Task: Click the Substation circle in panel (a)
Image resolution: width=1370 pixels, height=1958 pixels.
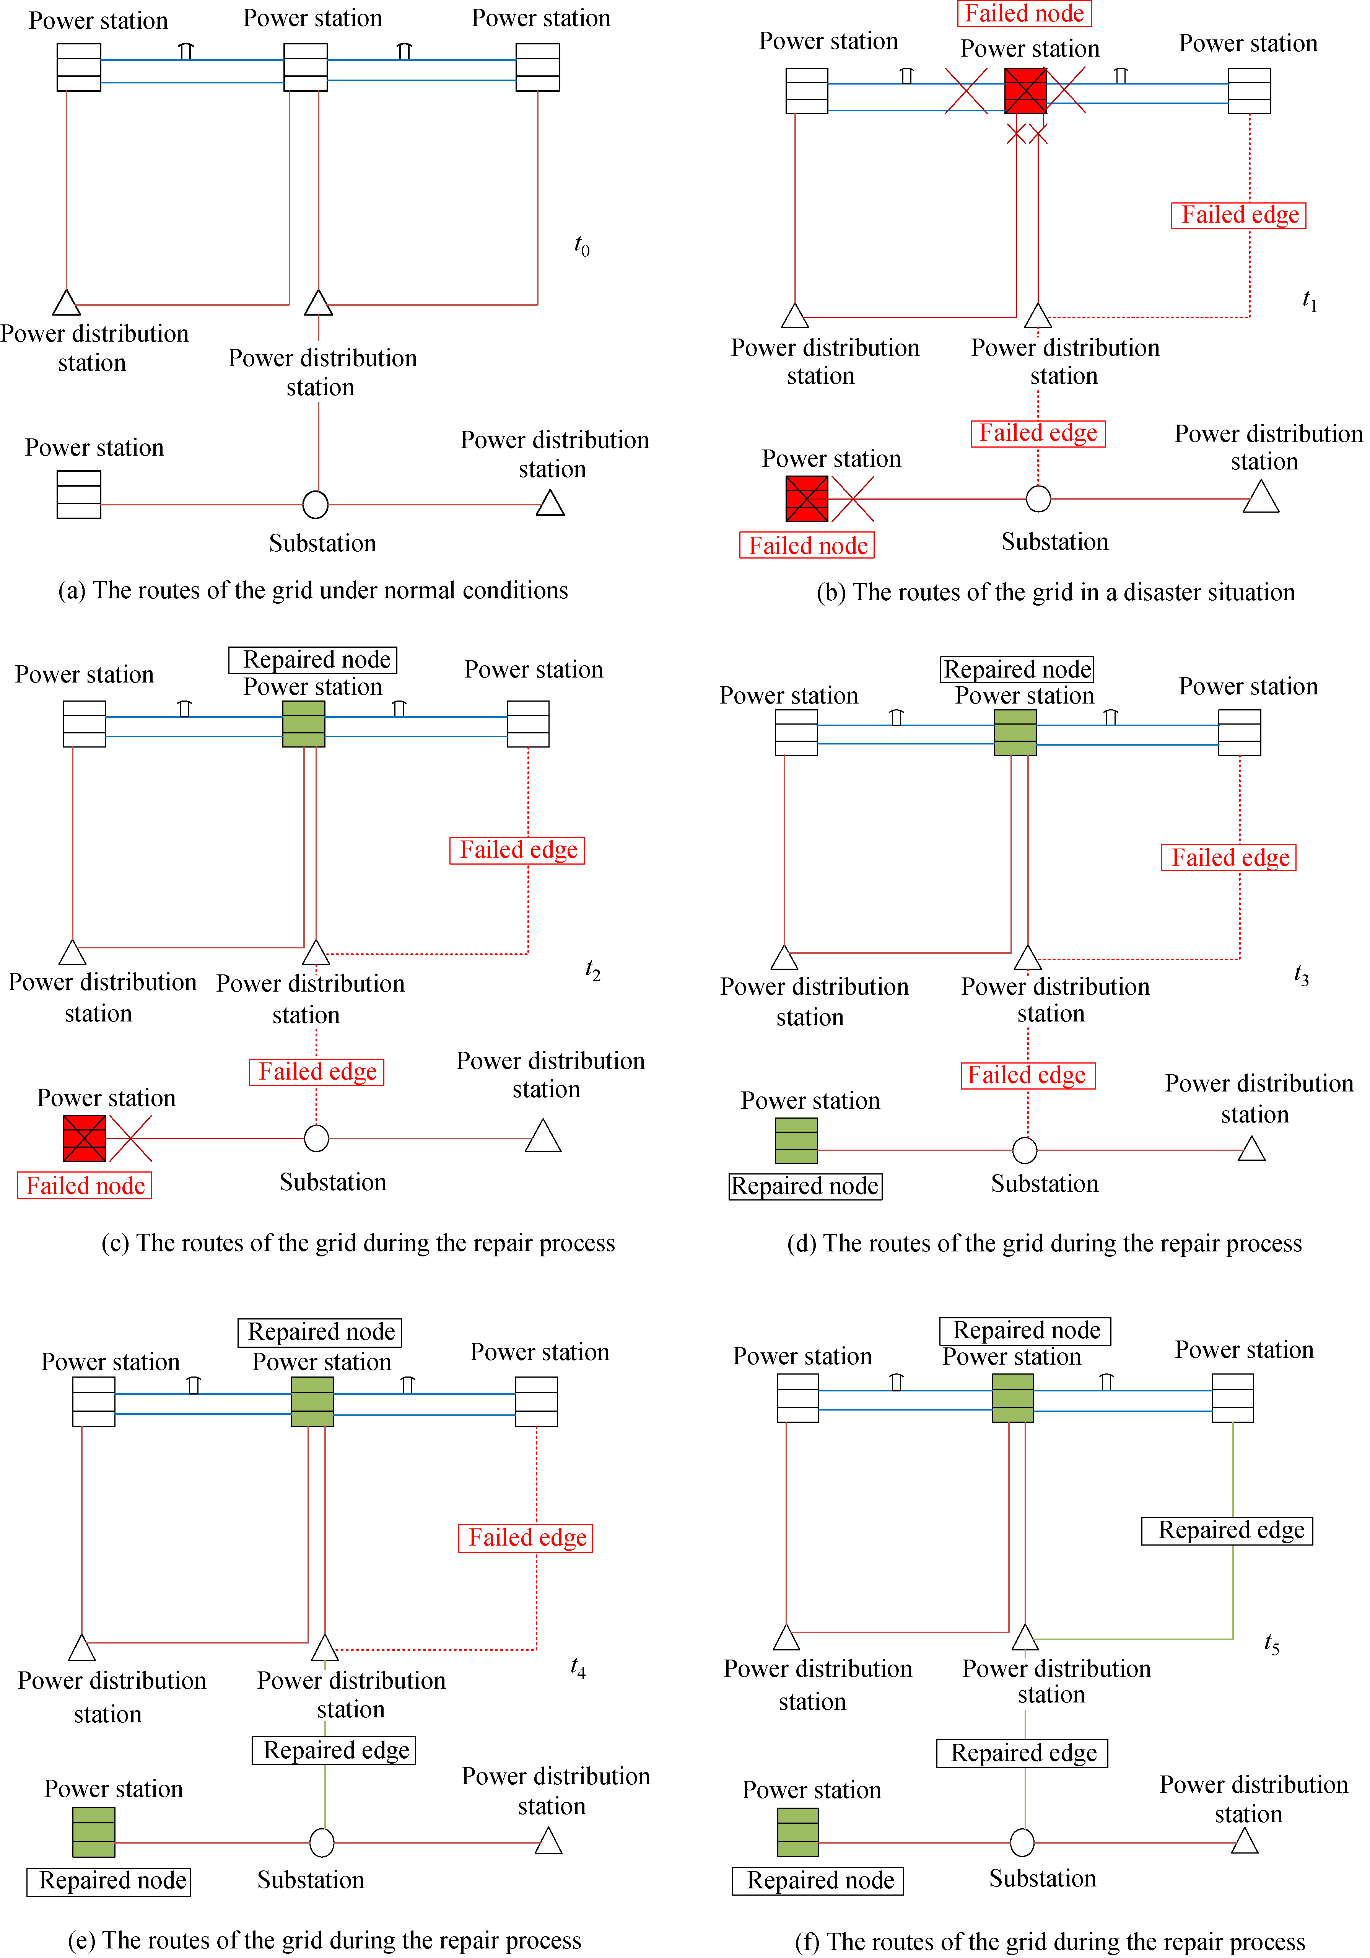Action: pos(316,504)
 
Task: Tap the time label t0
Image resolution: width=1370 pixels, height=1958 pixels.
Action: pos(582,246)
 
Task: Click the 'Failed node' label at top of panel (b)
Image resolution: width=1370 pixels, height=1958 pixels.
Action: pos(1024,14)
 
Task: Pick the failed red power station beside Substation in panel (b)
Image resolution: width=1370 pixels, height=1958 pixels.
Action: pos(807,499)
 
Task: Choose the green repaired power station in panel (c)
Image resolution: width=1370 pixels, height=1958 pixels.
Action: pos(304,724)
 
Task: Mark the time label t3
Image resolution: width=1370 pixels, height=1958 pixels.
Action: pos(1301,976)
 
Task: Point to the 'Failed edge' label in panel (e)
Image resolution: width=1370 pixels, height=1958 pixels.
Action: pos(526,1538)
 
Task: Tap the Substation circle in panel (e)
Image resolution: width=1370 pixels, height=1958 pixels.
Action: pos(321,1842)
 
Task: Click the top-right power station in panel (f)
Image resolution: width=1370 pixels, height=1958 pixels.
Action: pos(1233,1398)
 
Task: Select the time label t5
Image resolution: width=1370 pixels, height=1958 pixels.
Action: pos(1272,1643)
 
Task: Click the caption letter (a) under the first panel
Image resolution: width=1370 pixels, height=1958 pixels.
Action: pos(72,590)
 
